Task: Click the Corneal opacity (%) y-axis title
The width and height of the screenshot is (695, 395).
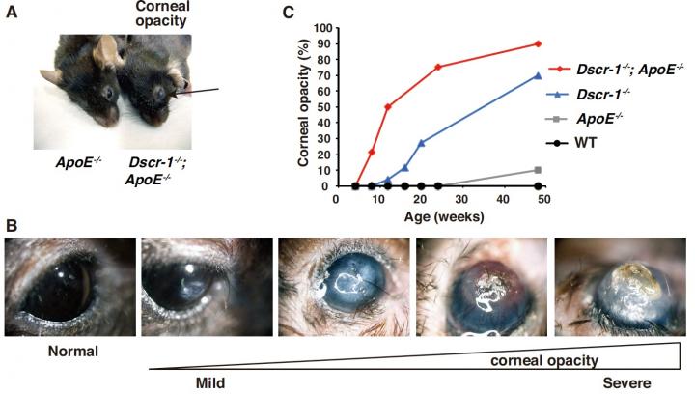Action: click(x=303, y=107)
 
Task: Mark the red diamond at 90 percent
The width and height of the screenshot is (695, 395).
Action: click(x=538, y=43)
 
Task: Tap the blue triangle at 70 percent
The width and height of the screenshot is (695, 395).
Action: click(x=538, y=75)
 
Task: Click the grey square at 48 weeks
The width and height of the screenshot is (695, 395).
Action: click(x=538, y=170)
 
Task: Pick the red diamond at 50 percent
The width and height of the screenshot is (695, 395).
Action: click(x=388, y=107)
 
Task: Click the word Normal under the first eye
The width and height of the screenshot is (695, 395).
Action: click(x=75, y=352)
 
